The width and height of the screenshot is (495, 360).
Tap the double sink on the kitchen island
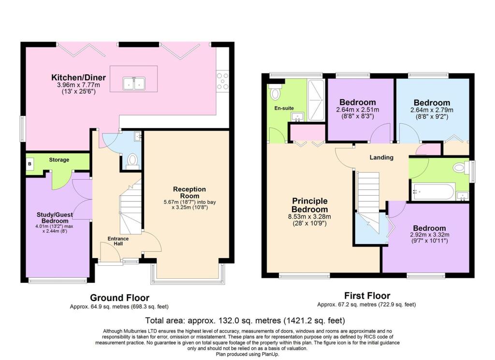coord(133,83)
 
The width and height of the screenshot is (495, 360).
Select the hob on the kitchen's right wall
coord(223,81)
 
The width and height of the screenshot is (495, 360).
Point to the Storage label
coord(59,160)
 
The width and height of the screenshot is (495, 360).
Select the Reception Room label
coord(189,192)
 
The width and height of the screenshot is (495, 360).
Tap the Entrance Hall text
coord(118,241)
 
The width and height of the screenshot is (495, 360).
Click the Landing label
coord(381,157)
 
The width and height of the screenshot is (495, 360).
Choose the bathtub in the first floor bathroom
coord(433,192)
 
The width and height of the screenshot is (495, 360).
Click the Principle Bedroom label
coord(309,205)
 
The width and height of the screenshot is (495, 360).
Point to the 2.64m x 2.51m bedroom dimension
coord(358,110)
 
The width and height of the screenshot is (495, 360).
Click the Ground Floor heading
coord(120,298)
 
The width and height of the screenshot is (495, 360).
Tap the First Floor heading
coord(367,296)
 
